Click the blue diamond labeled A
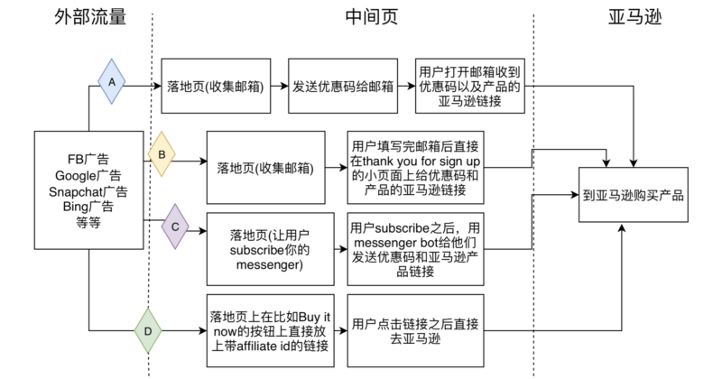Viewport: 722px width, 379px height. [111, 80]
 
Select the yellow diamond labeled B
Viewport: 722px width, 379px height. [161, 153]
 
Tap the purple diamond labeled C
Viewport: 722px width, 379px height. [175, 226]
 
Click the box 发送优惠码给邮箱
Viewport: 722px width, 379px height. [343, 87]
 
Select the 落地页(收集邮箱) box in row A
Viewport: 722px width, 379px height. [217, 87]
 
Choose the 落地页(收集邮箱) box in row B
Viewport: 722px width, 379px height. [265, 167]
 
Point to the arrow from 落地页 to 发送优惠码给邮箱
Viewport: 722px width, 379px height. [280, 87]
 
